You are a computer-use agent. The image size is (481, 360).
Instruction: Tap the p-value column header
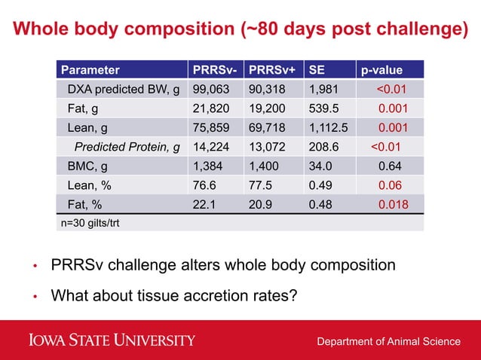point(381,71)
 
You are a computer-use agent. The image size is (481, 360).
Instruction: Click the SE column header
point(315,71)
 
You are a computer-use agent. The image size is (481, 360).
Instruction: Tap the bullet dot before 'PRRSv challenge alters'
point(34,267)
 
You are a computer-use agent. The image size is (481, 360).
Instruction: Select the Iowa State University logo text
point(112,340)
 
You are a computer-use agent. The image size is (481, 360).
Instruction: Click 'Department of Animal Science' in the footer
point(388,341)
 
